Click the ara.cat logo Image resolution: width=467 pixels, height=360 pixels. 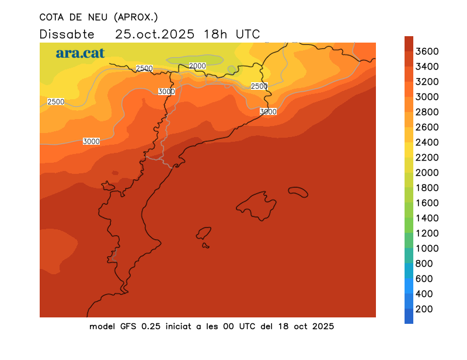[x=80, y=53]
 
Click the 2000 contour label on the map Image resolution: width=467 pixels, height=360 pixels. [x=198, y=66]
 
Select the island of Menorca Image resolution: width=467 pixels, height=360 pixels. [x=298, y=191]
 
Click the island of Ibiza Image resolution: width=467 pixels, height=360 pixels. [x=204, y=233]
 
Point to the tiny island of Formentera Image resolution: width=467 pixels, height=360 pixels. [x=205, y=246]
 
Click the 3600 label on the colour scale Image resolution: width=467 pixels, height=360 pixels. [x=428, y=51]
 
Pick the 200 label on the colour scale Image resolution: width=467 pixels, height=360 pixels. [x=424, y=309]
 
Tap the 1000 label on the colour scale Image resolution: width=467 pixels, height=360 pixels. [x=428, y=249]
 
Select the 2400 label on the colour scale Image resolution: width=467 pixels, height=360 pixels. [x=428, y=142]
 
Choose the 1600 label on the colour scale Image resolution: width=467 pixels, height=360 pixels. [x=428, y=203]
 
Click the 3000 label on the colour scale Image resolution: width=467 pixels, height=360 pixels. [x=428, y=97]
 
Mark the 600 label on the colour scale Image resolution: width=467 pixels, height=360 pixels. [x=424, y=279]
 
